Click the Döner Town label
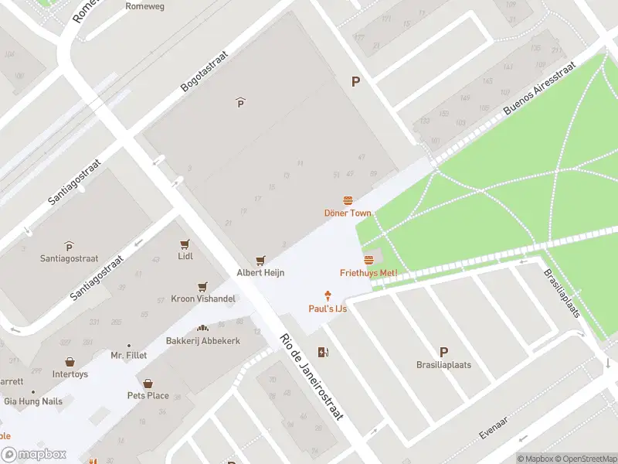click(x=348, y=213)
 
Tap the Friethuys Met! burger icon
click(x=368, y=260)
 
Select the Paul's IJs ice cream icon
click(x=328, y=295)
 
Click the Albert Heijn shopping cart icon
click(x=261, y=261)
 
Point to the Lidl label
click(x=185, y=256)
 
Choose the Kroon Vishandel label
click(x=203, y=299)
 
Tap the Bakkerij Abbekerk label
click(x=203, y=341)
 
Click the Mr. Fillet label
click(x=128, y=356)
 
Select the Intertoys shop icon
click(x=70, y=362)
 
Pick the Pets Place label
click(x=148, y=396)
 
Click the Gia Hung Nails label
click(x=34, y=401)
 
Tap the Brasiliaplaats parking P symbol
click(x=443, y=351)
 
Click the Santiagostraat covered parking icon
click(x=69, y=247)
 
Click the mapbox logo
click(x=33, y=455)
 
